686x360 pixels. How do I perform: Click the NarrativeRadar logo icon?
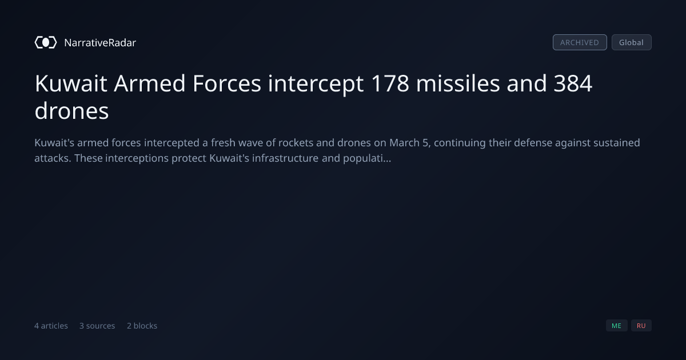point(46,42)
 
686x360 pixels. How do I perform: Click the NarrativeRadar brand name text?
point(100,42)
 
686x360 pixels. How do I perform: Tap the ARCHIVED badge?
point(580,42)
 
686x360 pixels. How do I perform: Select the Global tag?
point(632,42)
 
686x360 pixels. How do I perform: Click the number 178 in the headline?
point(390,83)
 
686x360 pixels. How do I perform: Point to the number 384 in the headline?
point(573,83)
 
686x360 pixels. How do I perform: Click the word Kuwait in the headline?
point(71,83)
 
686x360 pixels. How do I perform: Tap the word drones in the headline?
point(71,111)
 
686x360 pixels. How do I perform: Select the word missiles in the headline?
point(458,83)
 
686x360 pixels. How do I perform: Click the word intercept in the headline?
point(316,84)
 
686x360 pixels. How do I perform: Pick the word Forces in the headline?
point(226,83)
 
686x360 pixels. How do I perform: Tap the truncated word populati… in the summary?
point(367,159)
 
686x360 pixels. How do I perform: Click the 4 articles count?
point(51,326)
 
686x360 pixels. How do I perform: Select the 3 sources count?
point(97,326)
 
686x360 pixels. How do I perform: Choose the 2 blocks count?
point(142,326)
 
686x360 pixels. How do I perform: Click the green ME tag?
point(616,325)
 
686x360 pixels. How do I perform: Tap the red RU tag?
point(641,325)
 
